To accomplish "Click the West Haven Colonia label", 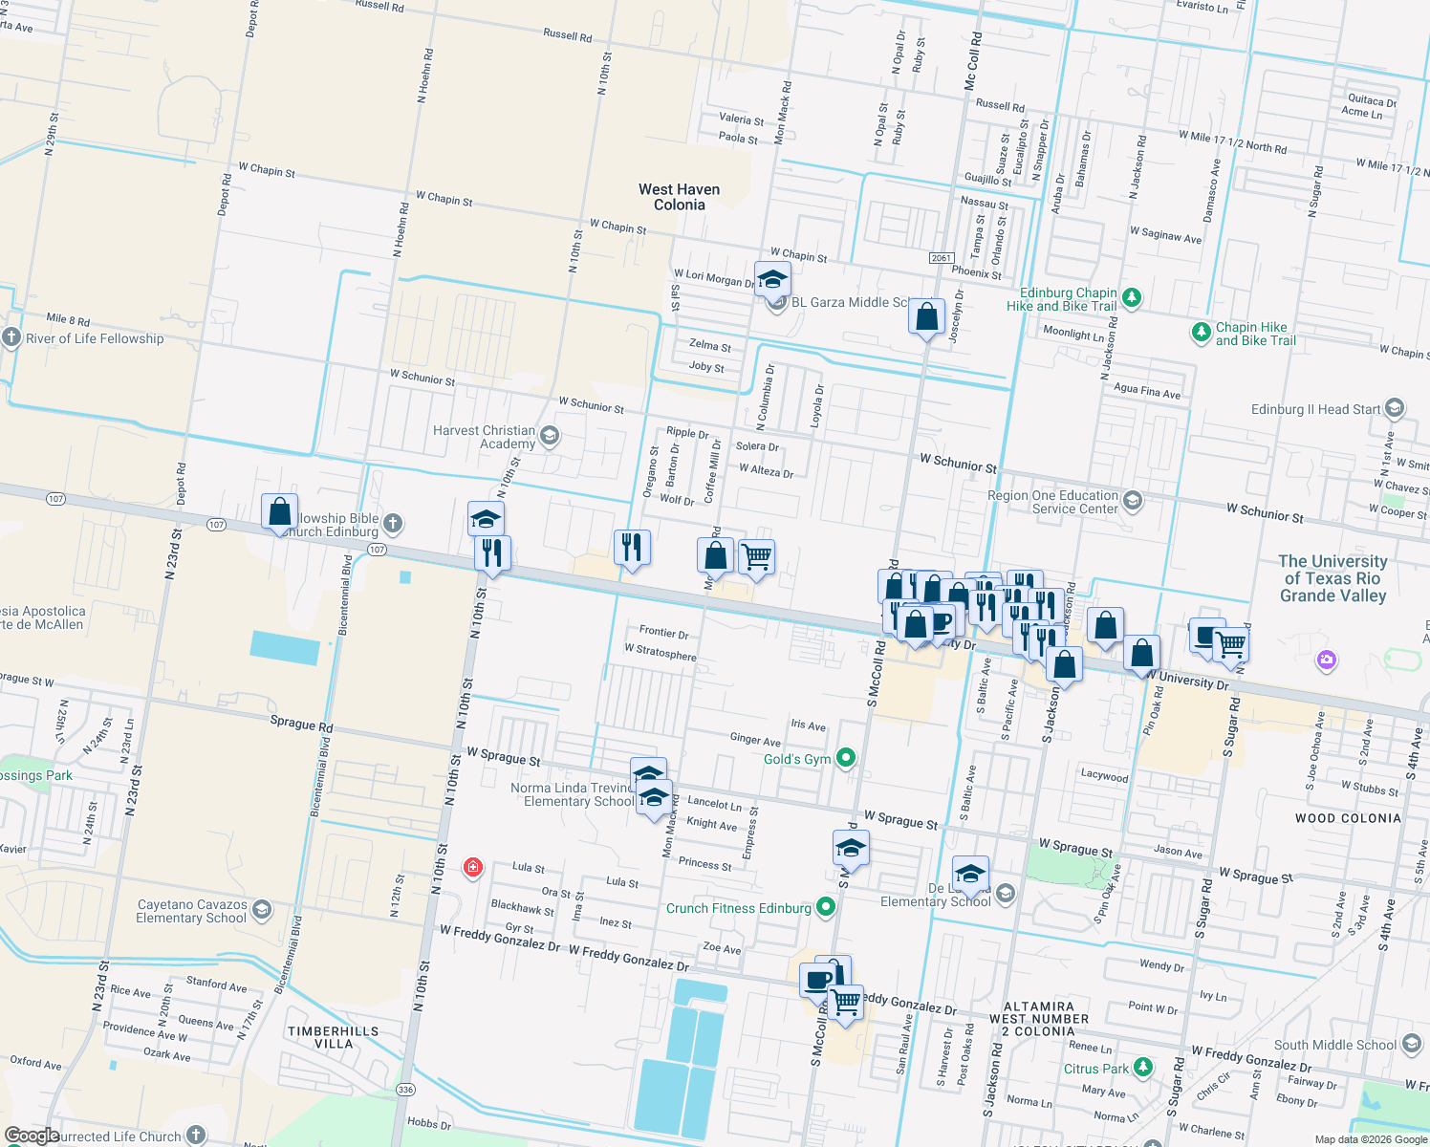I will pos(679,197).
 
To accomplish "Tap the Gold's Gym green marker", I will pos(845,758).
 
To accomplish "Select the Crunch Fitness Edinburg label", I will pos(738,908).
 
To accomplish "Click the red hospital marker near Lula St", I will pos(472,867).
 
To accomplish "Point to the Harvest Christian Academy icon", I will pos(549,437).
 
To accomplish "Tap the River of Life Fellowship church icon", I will pos(11,337).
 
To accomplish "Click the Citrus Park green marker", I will pos(1143,1068).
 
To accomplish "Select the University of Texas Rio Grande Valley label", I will pos(1332,578).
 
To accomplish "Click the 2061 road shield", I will pos(942,258).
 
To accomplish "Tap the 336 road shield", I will pos(406,1090).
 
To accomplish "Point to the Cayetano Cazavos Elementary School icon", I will pos(262,910).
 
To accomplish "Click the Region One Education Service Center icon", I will pos(1133,501).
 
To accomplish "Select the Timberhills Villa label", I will pos(334,1037).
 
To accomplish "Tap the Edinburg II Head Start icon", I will pos(1394,409).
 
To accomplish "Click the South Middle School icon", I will pos(1412,1045).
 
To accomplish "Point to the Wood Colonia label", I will pos(1348,818).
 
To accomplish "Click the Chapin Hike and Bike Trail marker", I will pos(1201,333).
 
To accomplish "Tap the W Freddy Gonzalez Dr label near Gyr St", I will pos(500,938).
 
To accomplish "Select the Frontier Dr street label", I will pos(663,632).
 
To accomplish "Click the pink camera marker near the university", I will pos(1325,660).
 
